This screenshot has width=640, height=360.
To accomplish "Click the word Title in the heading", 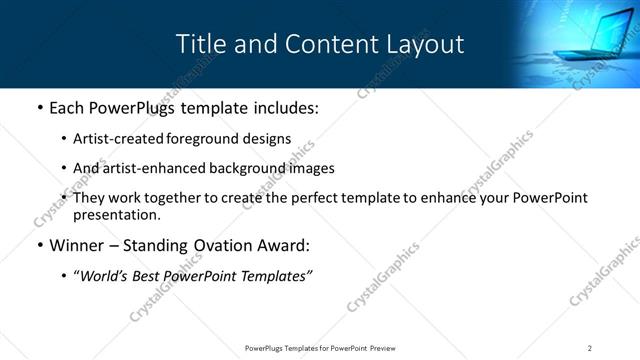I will tap(198, 45).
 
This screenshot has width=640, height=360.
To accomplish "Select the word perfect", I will tap(316, 198).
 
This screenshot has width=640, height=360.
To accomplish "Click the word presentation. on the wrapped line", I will tap(116, 215).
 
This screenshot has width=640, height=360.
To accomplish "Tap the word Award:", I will tap(283, 245).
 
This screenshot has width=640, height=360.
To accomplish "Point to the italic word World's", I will tap(105, 275).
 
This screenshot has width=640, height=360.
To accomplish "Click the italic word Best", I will tap(148, 275).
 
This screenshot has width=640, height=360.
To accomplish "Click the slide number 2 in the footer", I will tap(590, 347).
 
